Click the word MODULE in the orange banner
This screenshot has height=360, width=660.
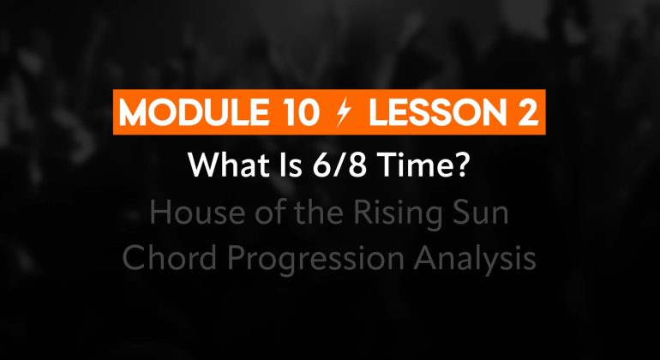coord(194,112)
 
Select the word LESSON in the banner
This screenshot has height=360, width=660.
coord(438,112)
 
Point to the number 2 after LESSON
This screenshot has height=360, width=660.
coord(527,112)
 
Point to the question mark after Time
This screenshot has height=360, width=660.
coord(459,165)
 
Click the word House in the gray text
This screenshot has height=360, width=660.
coord(197,213)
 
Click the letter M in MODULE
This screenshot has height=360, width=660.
coord(134,112)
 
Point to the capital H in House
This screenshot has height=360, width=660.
coord(160,213)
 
